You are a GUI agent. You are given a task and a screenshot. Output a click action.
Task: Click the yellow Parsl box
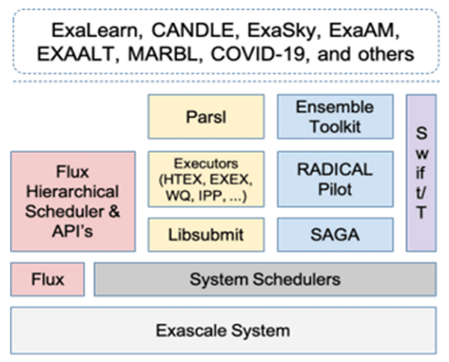pyautogui.click(x=206, y=117)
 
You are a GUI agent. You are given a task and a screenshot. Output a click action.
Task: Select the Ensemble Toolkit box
pyautogui.click(x=335, y=117)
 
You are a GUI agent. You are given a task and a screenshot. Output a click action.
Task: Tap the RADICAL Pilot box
pyautogui.click(x=335, y=180)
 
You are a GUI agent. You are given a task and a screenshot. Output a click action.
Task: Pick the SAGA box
pyautogui.click(x=335, y=235)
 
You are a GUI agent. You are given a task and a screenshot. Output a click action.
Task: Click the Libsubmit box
pyautogui.click(x=206, y=235)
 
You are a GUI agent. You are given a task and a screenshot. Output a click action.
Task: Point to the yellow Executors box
pyautogui.click(x=206, y=180)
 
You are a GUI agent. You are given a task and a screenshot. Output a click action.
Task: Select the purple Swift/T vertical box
pyautogui.click(x=421, y=173)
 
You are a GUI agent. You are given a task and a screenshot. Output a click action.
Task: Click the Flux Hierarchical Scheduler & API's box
pyautogui.click(x=73, y=200)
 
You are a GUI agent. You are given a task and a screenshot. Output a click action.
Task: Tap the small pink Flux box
pyautogui.click(x=48, y=280)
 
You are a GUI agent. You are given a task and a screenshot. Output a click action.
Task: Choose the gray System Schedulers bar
pyautogui.click(x=265, y=280)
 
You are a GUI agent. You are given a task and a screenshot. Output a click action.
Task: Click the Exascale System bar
pyautogui.click(x=223, y=329)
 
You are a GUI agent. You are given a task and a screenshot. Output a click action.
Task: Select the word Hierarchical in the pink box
pyautogui.click(x=73, y=190)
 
